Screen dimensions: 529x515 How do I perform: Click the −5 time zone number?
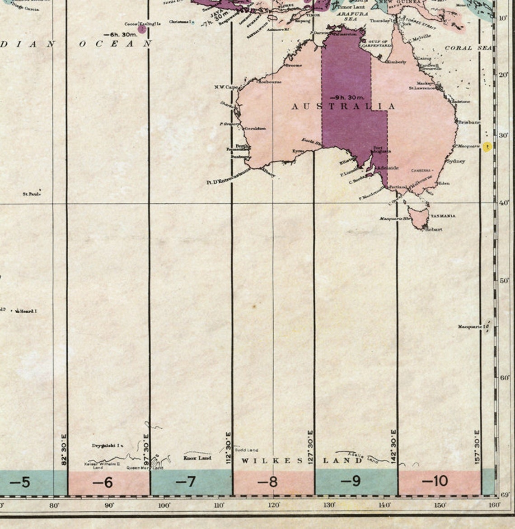point(20,483)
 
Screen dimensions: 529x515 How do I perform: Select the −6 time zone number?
point(103,483)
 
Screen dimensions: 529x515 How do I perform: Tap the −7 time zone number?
point(185,483)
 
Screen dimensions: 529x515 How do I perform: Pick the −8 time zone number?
point(268,482)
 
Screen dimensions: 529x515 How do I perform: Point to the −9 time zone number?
point(351,482)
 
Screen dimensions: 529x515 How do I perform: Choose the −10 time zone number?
point(435,481)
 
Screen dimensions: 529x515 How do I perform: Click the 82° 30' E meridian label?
point(64,450)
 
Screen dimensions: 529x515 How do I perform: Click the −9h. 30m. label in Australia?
point(347,97)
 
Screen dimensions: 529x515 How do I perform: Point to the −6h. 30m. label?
point(120,34)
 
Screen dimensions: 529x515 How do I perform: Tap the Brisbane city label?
point(469,122)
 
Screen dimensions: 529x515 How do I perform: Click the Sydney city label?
point(455,161)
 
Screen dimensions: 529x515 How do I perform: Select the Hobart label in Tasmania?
point(434,229)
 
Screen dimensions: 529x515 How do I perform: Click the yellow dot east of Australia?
point(487,147)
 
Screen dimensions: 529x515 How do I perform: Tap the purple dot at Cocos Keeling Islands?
point(142,29)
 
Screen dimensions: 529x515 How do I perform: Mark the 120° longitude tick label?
point(274,506)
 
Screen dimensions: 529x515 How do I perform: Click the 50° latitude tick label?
point(504,280)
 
